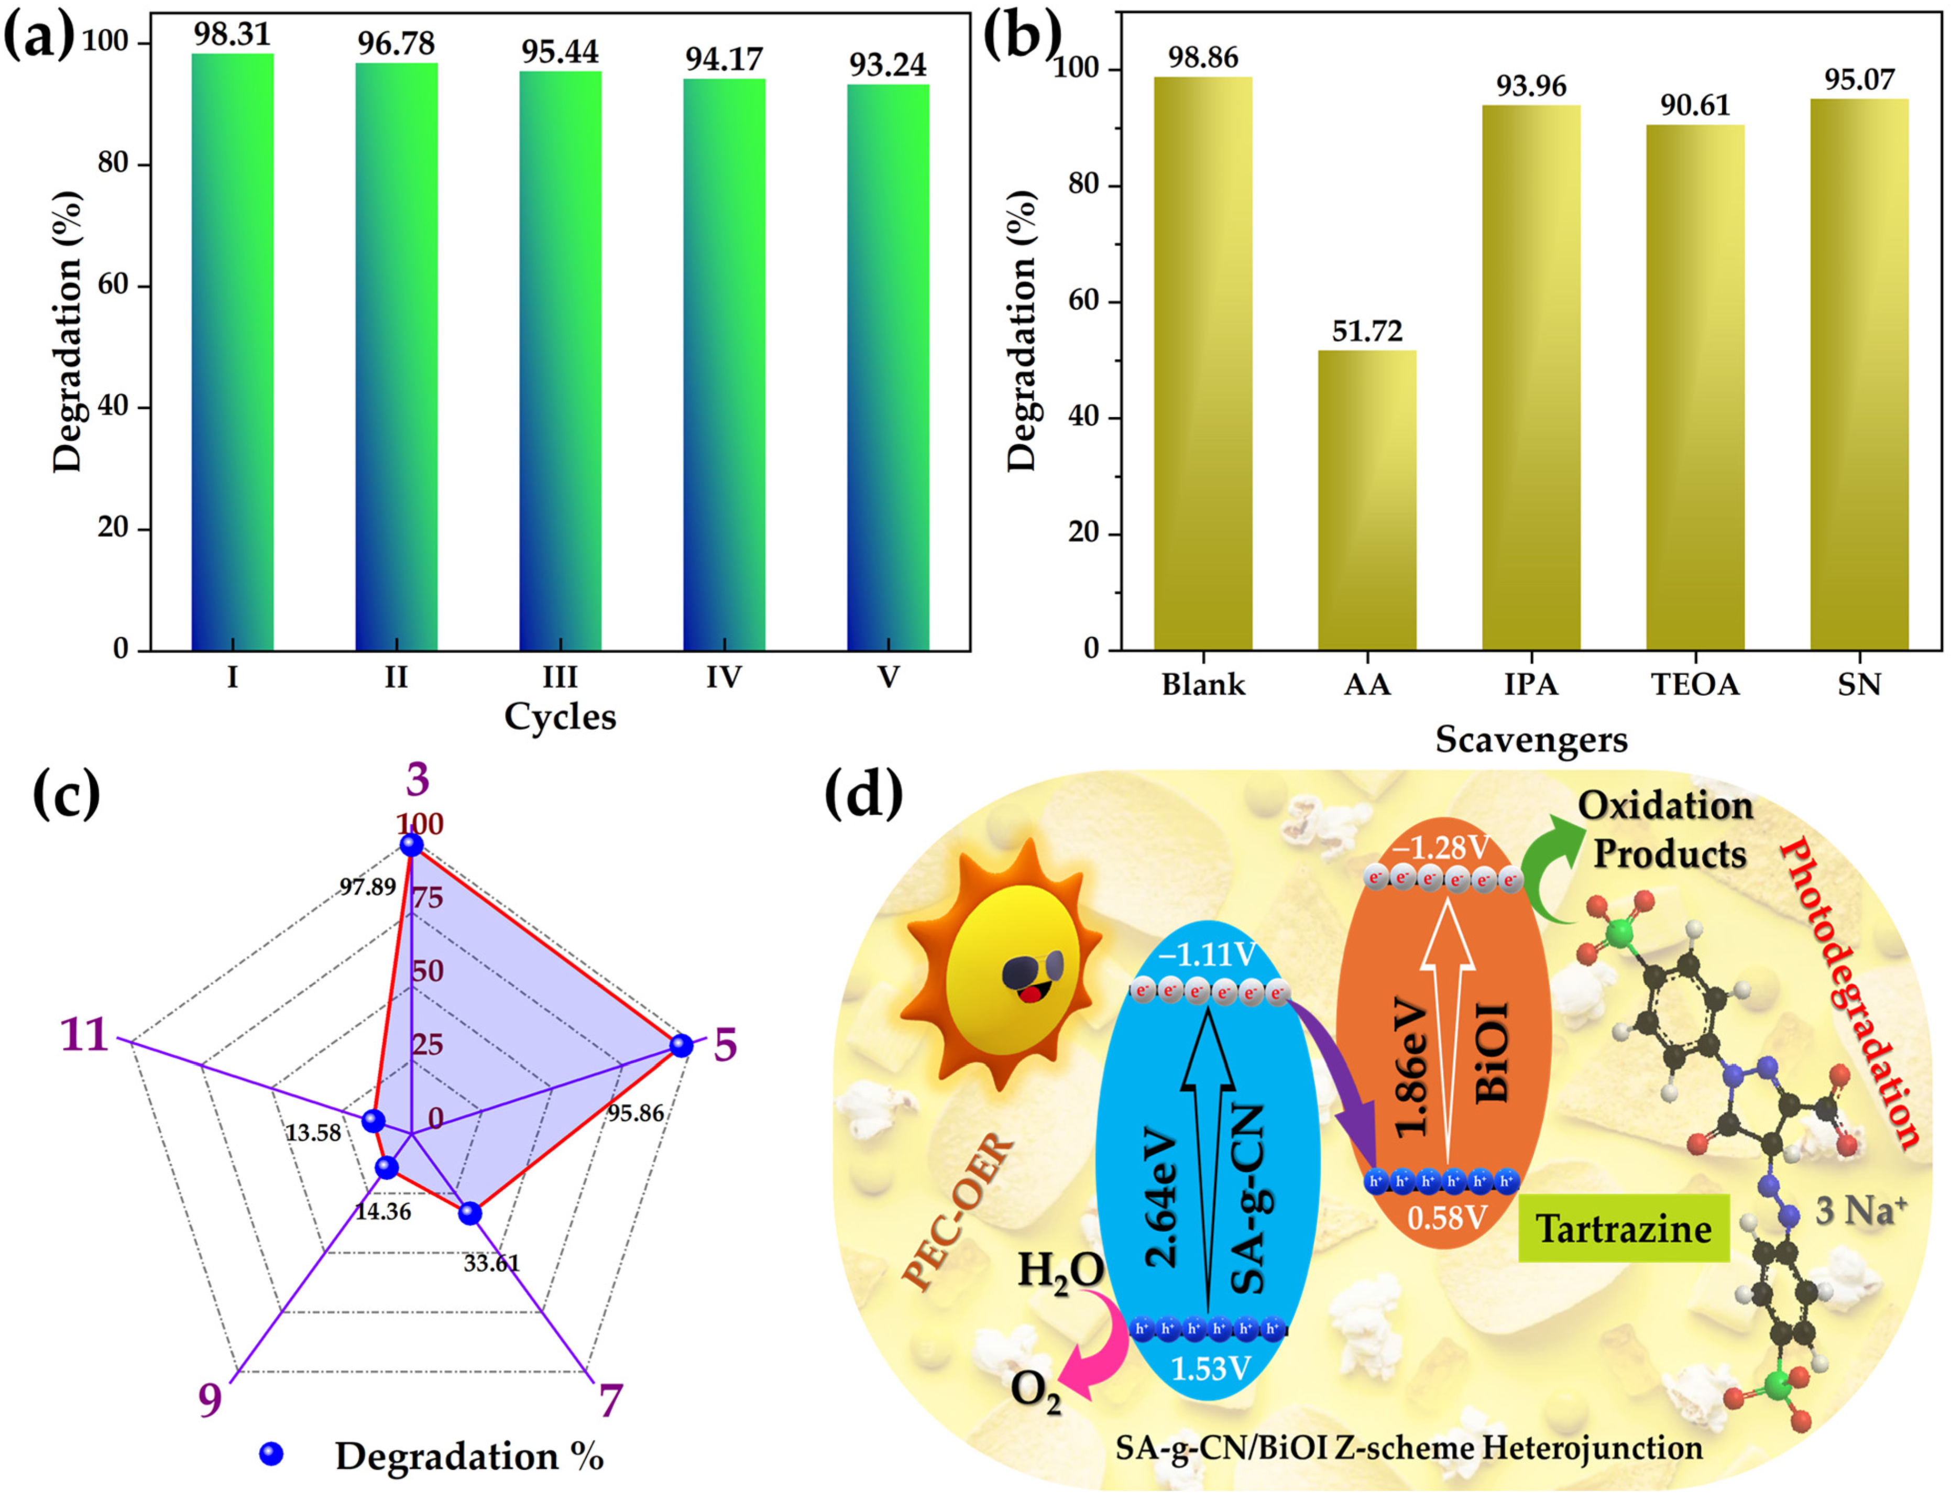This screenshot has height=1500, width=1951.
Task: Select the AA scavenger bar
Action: [1366, 499]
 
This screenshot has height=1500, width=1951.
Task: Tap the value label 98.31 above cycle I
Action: [232, 34]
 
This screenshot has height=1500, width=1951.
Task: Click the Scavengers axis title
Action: [1530, 739]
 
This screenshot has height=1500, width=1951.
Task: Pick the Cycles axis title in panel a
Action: [560, 717]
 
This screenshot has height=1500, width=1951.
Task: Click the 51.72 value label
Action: [1367, 331]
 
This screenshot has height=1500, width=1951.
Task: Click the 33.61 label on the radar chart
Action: [491, 1263]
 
